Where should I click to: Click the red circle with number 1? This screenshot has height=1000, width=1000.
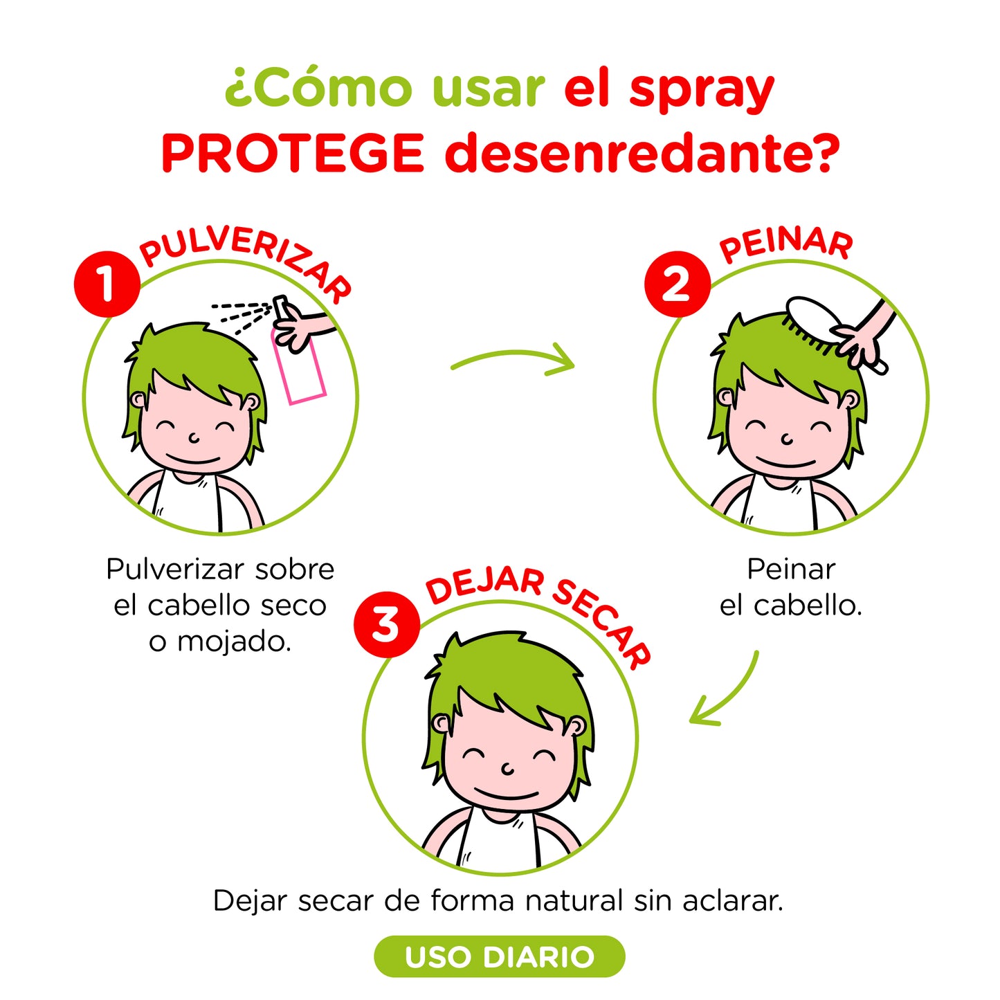click(x=107, y=284)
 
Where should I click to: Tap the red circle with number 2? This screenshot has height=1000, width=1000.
click(x=677, y=284)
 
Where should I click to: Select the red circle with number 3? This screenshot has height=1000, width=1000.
click(x=386, y=625)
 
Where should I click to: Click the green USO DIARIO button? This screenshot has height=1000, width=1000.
click(x=500, y=956)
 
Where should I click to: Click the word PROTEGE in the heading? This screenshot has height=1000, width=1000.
click(x=292, y=154)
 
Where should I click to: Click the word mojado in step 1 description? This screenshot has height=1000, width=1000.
click(x=234, y=642)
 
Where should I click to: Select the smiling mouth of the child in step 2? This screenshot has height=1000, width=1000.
click(x=785, y=462)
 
